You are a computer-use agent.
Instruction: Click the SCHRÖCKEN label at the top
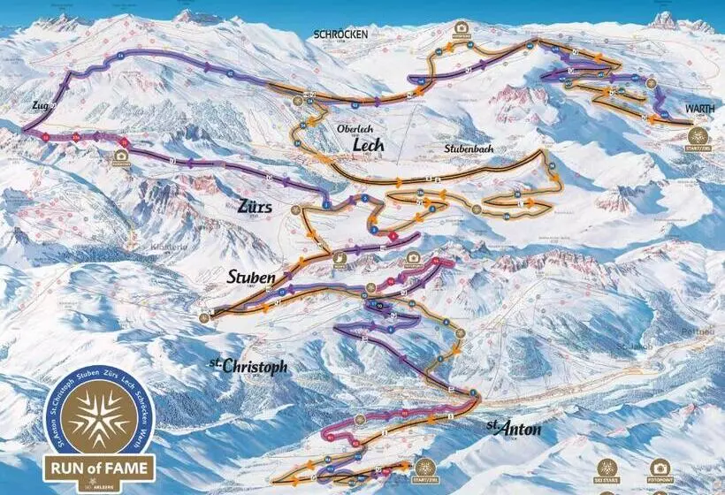tap(340, 34)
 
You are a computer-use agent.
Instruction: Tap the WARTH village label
tap(699, 109)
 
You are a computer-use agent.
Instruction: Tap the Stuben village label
tap(251, 278)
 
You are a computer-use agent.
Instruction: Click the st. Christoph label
tap(248, 364)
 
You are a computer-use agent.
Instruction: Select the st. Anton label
tap(513, 428)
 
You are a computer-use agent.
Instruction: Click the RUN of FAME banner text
tap(99, 467)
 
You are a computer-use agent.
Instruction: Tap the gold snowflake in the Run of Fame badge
tap(99, 416)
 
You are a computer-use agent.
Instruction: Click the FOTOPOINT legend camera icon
tap(659, 468)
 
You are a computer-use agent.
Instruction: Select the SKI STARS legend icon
tap(607, 468)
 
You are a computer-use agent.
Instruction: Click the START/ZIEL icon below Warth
tap(698, 136)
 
